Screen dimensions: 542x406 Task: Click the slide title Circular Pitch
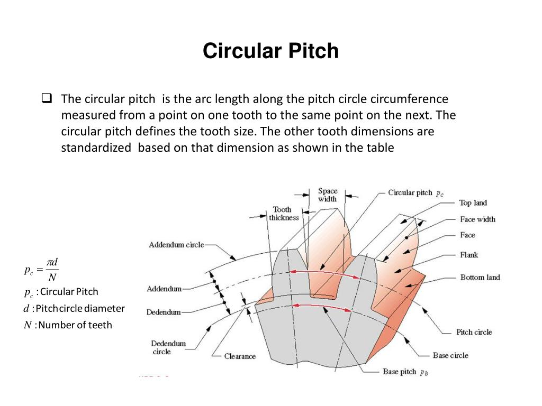[x=270, y=51]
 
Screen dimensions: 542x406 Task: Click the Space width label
[x=327, y=195]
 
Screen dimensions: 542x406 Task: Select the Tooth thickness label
[x=284, y=214]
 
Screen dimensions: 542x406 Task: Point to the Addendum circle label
[x=176, y=245]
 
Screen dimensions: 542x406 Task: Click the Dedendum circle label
[x=168, y=347]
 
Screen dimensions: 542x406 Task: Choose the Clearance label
[x=240, y=356]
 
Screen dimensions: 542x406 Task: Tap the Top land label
[x=473, y=203]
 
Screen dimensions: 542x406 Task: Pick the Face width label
[x=477, y=219]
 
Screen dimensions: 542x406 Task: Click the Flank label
[x=469, y=255]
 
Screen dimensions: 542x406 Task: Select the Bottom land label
[x=480, y=277]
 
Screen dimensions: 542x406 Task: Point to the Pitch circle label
[x=474, y=332]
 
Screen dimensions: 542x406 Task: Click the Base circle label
[x=450, y=356]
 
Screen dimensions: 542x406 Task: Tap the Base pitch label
[x=405, y=372]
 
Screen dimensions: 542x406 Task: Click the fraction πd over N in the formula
[x=52, y=270]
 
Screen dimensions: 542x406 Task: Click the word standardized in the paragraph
[x=96, y=148]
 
